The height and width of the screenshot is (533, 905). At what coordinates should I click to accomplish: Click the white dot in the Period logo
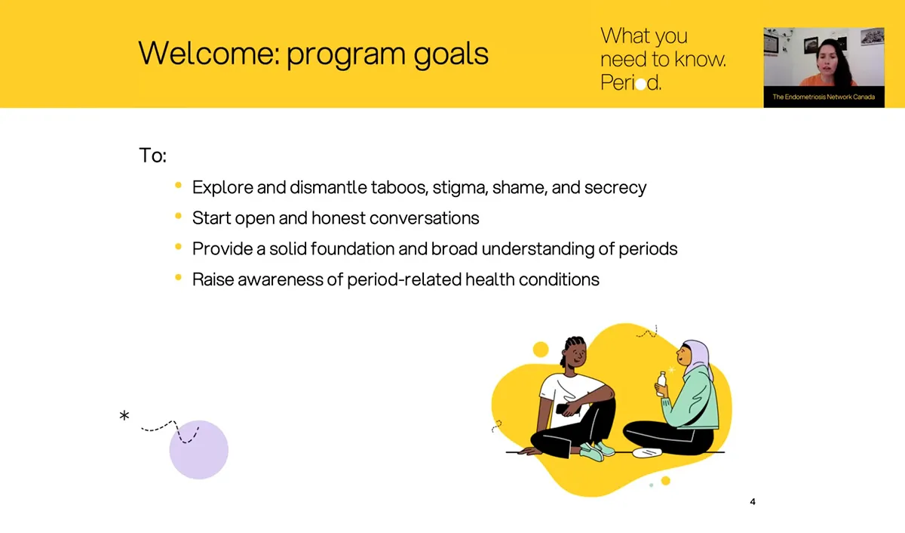tap(641, 84)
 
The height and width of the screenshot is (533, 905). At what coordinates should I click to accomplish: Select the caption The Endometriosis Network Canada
tap(824, 97)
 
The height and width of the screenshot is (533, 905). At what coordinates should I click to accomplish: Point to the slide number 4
tap(753, 502)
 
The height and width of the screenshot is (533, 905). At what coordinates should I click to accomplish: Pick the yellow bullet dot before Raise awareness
tap(178, 277)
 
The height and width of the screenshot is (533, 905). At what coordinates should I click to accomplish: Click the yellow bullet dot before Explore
tap(178, 185)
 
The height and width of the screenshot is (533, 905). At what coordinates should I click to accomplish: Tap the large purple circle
tap(199, 450)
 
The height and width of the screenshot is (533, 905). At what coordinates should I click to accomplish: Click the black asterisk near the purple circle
tap(124, 415)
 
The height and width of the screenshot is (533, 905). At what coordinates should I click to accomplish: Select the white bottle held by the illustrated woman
tap(662, 384)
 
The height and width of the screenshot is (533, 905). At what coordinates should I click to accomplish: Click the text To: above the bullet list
tap(152, 156)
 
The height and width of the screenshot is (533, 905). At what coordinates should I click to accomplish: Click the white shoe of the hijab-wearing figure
tap(647, 452)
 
